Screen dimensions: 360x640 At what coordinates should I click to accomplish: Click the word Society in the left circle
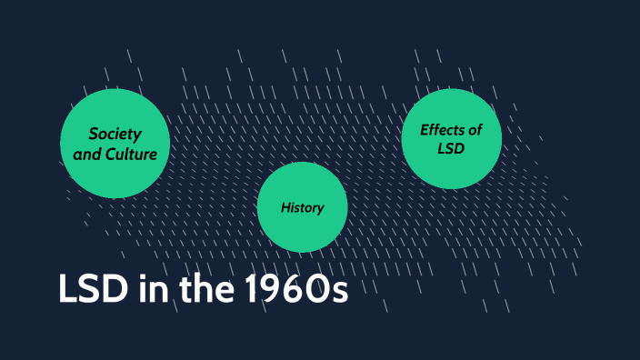pyautogui.click(x=115, y=134)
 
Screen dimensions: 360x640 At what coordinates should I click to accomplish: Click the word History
pyautogui.click(x=303, y=207)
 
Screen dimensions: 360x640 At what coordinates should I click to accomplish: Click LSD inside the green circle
pyautogui.click(x=451, y=148)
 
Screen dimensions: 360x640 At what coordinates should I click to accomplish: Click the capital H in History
pyautogui.click(x=285, y=207)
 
